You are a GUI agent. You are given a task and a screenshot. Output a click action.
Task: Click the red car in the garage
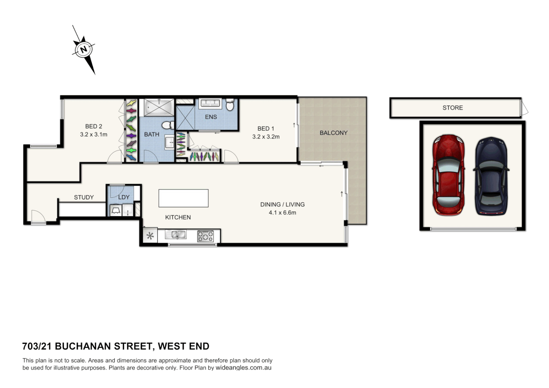[448, 175]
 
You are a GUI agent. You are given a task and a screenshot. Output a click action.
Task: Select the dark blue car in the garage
[491, 176]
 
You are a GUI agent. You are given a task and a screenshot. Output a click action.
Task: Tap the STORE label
[452, 108]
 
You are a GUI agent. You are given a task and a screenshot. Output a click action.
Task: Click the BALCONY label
[333, 133]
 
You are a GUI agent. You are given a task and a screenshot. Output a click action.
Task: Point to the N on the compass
[84, 49]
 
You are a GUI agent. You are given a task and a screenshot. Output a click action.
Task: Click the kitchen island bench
[183, 198]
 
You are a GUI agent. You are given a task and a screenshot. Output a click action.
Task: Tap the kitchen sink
[175, 235]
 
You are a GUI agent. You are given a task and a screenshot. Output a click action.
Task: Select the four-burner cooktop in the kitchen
[205, 236]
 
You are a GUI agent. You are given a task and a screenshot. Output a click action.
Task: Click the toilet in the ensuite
[230, 105]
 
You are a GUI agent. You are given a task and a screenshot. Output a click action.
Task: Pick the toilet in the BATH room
[167, 125]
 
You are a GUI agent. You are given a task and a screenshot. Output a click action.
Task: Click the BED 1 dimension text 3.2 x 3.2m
[266, 137]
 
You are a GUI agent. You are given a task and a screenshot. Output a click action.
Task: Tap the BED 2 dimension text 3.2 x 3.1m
[93, 134]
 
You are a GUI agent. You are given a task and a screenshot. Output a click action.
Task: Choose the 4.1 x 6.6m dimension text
[282, 213]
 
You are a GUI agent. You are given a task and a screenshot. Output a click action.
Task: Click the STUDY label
[84, 197]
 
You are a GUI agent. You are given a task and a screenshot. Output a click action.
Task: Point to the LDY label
[124, 197]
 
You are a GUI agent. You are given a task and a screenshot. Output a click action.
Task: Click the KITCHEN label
[178, 217]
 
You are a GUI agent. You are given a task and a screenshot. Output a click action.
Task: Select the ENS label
[211, 117]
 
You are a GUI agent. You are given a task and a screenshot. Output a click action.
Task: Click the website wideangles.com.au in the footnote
[243, 368]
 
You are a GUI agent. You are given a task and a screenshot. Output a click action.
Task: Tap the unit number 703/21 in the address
[36, 346]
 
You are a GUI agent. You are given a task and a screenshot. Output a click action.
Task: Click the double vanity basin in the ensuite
[210, 103]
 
